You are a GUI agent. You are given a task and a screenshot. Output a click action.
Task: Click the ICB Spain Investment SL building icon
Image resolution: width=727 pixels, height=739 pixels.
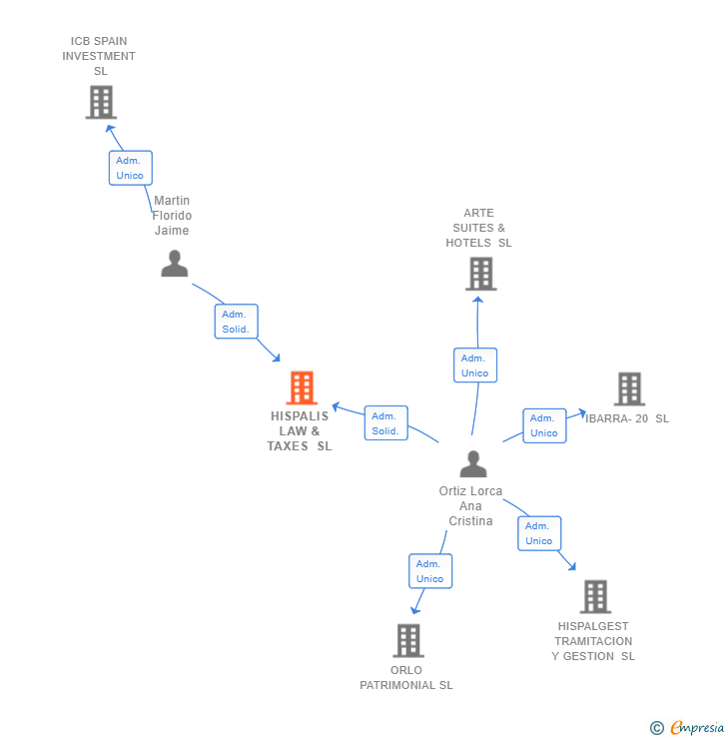(101, 102)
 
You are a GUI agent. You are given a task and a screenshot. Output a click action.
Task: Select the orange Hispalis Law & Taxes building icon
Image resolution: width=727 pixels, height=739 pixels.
(302, 387)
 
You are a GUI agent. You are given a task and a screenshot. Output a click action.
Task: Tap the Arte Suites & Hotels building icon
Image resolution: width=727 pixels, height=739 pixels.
(480, 274)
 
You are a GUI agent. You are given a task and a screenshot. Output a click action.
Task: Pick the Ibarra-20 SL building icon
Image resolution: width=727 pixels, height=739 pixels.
(629, 389)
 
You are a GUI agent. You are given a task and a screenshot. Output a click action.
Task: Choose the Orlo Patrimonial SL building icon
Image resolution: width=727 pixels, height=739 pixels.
(408, 640)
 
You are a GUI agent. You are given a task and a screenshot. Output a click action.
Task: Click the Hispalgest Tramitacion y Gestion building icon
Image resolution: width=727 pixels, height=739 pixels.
(596, 596)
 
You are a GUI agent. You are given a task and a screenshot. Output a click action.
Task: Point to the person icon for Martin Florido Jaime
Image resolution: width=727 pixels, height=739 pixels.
(175, 264)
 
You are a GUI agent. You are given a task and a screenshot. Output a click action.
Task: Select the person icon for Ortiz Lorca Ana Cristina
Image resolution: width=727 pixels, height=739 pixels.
(473, 464)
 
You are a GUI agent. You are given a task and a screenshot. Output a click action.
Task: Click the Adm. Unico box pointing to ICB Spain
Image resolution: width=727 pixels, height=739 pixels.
(130, 168)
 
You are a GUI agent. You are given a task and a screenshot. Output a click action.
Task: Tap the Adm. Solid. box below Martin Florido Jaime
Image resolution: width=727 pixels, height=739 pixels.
(236, 322)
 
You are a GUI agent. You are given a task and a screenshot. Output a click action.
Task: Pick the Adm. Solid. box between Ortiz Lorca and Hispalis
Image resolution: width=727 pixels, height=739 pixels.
(385, 423)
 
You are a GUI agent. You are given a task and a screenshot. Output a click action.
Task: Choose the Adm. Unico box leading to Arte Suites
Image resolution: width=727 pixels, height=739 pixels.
(474, 366)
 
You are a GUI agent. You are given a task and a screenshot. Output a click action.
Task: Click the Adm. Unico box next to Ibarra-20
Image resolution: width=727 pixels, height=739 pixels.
(544, 425)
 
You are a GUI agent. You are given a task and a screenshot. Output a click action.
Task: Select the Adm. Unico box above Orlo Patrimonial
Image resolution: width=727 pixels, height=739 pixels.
(430, 571)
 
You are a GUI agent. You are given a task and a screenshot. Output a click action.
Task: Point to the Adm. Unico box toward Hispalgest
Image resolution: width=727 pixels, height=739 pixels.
(539, 533)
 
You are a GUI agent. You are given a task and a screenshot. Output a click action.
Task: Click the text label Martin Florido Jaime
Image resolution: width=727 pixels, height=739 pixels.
(172, 216)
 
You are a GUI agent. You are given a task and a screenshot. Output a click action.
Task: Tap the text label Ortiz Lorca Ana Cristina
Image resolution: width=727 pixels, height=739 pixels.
(471, 506)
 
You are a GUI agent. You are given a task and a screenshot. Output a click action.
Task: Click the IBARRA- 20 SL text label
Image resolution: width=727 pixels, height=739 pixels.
(629, 418)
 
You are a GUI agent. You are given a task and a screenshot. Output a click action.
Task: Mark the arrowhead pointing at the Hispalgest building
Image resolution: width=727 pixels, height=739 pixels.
(572, 567)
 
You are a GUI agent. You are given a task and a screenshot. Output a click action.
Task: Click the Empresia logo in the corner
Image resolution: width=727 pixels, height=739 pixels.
(688, 728)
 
